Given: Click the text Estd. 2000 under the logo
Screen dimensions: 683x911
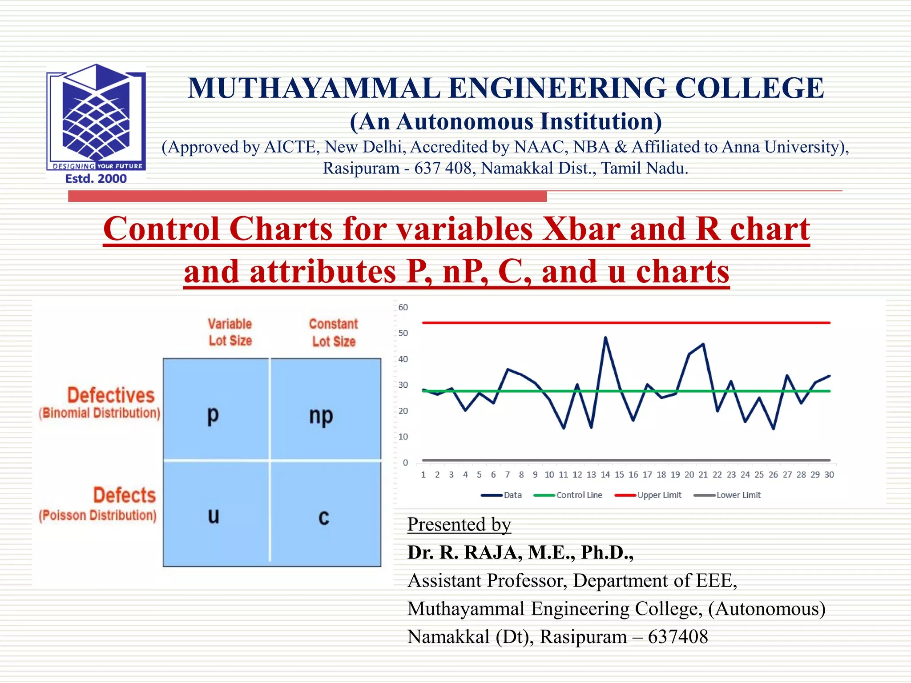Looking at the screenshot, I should (96, 179).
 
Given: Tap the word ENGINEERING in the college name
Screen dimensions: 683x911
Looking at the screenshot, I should (557, 88).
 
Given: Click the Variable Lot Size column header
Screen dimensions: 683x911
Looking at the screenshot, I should (230, 332).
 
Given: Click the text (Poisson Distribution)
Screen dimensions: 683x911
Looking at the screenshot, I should (97, 515).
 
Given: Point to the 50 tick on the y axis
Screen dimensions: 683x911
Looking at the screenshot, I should (403, 333).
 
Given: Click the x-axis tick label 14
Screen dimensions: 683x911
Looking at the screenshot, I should (605, 474).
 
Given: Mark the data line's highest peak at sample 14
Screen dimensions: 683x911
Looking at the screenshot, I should (605, 337).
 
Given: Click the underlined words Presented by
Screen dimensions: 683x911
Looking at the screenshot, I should (459, 524).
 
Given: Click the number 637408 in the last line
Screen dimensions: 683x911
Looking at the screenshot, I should (677, 636).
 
